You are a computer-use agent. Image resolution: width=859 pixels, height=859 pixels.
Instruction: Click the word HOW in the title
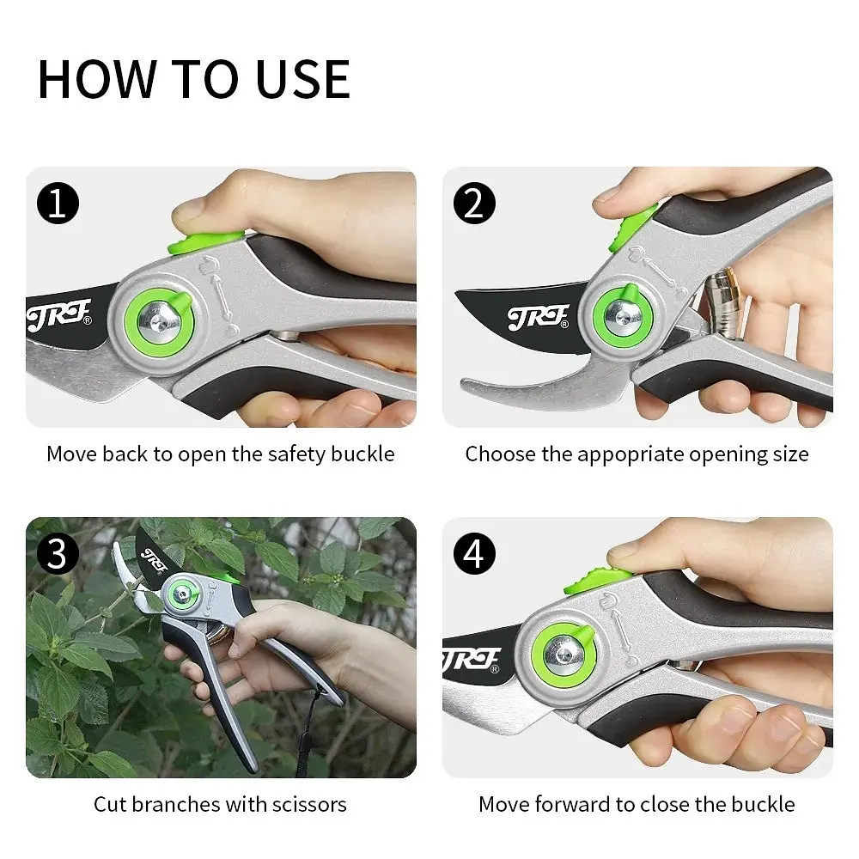(98, 79)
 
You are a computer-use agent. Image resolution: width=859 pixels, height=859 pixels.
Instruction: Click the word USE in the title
(303, 79)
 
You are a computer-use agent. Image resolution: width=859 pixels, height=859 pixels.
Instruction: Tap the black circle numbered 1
(58, 204)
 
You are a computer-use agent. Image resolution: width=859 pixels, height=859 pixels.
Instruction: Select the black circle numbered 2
(474, 204)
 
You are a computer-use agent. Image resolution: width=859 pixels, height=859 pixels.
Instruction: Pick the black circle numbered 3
(58, 554)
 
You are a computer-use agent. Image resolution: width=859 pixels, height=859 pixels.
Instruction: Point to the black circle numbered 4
(474, 554)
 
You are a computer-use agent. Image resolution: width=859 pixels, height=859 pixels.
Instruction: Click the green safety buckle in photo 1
(205, 242)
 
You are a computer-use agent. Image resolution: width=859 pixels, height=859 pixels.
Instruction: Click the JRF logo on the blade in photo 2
(538, 318)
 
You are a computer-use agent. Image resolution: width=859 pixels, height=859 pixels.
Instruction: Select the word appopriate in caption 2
(630, 455)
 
